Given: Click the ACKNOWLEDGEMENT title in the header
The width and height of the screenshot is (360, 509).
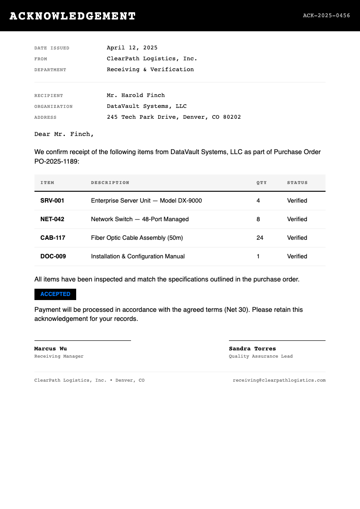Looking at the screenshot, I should pyautogui.click(x=73, y=16).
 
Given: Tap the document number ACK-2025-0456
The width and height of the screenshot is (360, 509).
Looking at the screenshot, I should pyautogui.click(x=326, y=15).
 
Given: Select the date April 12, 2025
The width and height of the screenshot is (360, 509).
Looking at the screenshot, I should pyautogui.click(x=132, y=48).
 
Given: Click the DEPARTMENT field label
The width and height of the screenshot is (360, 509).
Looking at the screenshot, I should pyautogui.click(x=50, y=70).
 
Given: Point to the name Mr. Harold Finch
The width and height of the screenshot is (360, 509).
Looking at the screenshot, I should pyautogui.click(x=136, y=95).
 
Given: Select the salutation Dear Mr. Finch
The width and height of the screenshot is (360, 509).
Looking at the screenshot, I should pyautogui.click(x=64, y=134).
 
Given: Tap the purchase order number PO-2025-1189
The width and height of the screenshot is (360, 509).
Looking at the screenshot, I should pyautogui.click(x=56, y=161).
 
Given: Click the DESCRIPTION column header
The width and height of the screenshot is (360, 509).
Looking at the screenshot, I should pyautogui.click(x=110, y=183).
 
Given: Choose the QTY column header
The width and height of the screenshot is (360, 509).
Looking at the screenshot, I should pyautogui.click(x=262, y=183).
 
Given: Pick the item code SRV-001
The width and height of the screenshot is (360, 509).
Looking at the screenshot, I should pyautogui.click(x=52, y=200).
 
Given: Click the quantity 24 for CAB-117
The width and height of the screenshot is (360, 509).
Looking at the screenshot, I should pyautogui.click(x=260, y=238).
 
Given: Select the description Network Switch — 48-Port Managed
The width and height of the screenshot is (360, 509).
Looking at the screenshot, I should pyautogui.click(x=140, y=219).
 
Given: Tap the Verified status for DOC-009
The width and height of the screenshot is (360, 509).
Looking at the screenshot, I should pyautogui.click(x=297, y=256).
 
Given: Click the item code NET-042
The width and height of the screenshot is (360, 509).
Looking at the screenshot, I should pyautogui.click(x=52, y=219).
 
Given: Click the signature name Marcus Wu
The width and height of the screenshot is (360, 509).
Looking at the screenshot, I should pyautogui.click(x=50, y=349).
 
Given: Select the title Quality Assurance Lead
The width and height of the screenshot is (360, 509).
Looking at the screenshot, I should pyautogui.click(x=261, y=356).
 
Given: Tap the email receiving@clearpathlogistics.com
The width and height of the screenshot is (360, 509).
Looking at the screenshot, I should pyautogui.click(x=279, y=380).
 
